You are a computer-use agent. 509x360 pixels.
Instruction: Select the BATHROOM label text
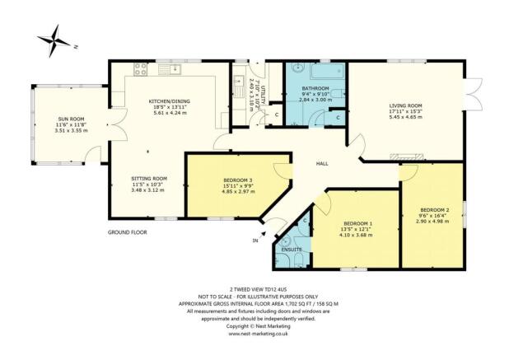click(x=315, y=88)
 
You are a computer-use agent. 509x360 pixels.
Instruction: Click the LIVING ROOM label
click(x=405, y=105)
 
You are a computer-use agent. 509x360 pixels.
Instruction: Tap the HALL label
click(x=324, y=163)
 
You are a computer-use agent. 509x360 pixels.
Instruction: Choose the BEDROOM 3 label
click(x=238, y=180)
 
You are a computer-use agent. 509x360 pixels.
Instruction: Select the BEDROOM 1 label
click(x=357, y=223)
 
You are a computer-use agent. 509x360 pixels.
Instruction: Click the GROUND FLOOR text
click(x=127, y=233)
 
